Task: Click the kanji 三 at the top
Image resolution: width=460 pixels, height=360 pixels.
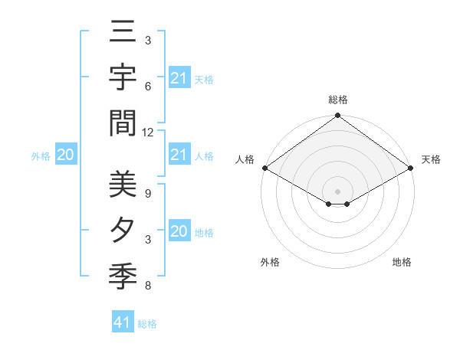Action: pos(123,34)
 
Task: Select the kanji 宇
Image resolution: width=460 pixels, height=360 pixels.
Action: pos(123,79)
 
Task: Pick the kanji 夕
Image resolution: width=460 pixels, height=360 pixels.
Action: pos(123,230)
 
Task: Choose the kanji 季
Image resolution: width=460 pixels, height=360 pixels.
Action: pos(123,274)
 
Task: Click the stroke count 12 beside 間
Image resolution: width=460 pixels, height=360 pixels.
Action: pos(148,132)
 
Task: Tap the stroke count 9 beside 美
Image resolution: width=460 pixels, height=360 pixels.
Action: pos(148,194)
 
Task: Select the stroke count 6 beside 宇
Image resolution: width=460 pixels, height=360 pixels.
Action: pos(148,87)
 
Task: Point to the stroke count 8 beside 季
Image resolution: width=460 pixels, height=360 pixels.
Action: pos(148,286)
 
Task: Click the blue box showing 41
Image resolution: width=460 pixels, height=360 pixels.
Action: pos(123,322)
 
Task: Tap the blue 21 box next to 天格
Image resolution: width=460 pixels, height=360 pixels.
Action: pos(179,78)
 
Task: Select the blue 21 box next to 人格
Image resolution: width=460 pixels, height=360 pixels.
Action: pos(179,155)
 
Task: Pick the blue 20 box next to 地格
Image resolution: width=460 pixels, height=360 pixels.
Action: pos(179,231)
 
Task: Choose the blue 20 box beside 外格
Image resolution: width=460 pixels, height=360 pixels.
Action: pos(66,155)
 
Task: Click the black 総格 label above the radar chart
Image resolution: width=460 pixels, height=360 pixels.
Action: pos(338,100)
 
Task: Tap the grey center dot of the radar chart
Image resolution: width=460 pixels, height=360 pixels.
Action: pos(338,191)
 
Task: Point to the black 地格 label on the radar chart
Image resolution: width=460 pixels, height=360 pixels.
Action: pos(402,262)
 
